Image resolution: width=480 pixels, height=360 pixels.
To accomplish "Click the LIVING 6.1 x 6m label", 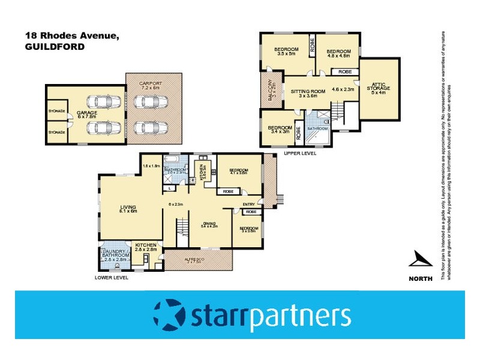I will pos(128,208).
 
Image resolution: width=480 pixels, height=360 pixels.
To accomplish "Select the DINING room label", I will pos(208,223).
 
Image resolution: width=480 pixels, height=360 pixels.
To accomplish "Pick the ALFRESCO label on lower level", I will pos(199,259).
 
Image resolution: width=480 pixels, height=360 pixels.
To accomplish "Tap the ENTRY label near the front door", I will pos(249,205).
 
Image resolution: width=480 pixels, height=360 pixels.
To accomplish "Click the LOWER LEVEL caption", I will pos(112,278).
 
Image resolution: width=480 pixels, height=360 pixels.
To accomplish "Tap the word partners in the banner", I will pos(300,316).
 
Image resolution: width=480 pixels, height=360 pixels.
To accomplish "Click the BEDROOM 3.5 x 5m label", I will pos(286,52).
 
